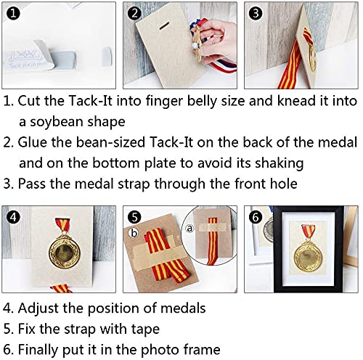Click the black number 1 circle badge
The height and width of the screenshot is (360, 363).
point(13,13)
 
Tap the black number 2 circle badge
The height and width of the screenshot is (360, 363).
point(134,13)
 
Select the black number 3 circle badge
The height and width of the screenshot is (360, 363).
point(256,13)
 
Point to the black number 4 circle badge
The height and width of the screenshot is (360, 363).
point(13,217)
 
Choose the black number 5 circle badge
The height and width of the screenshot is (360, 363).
point(134,217)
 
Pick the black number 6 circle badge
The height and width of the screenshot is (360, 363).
point(256,217)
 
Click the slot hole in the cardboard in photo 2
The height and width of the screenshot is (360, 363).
point(164,25)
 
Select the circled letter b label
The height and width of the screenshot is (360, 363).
point(134,233)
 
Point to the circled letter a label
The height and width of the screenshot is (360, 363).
point(190,228)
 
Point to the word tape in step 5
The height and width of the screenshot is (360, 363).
point(145,330)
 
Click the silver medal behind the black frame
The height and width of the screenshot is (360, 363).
point(269,228)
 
